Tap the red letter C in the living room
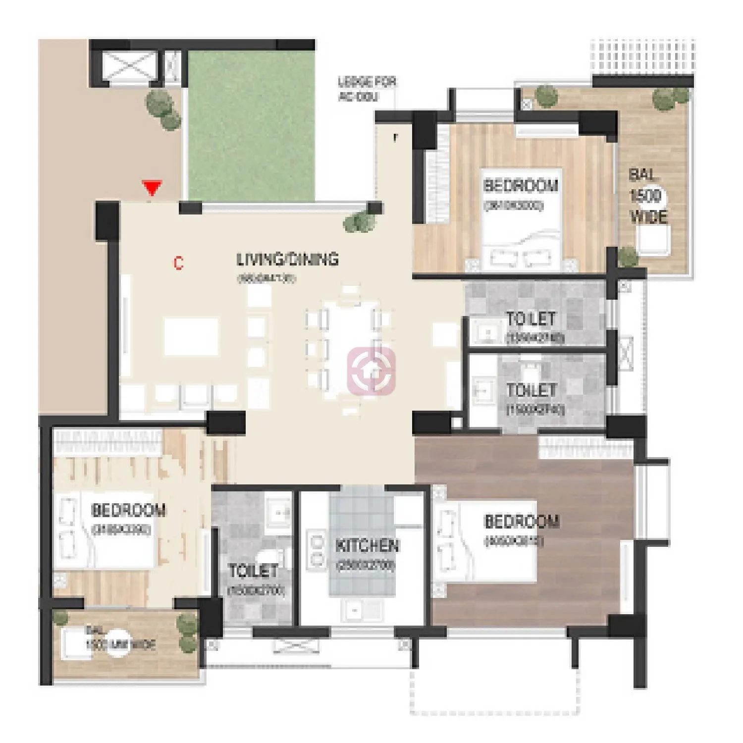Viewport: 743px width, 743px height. pos(178,263)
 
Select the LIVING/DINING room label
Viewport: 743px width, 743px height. pos(287,260)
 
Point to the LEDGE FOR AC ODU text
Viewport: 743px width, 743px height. pos(367,89)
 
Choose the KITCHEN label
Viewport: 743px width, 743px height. pos(367,546)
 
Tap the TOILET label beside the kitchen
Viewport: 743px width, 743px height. pos(253,571)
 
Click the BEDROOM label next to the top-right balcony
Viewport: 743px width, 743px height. pos(520,186)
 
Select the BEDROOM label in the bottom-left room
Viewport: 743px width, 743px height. pos(128,510)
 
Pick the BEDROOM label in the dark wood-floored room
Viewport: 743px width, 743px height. pos(521,522)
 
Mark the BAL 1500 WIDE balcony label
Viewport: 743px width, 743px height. pos(646,196)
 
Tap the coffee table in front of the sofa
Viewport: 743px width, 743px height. pos(191,336)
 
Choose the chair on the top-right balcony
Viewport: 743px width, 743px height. pos(654,240)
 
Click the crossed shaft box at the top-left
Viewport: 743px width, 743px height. pos(130,65)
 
